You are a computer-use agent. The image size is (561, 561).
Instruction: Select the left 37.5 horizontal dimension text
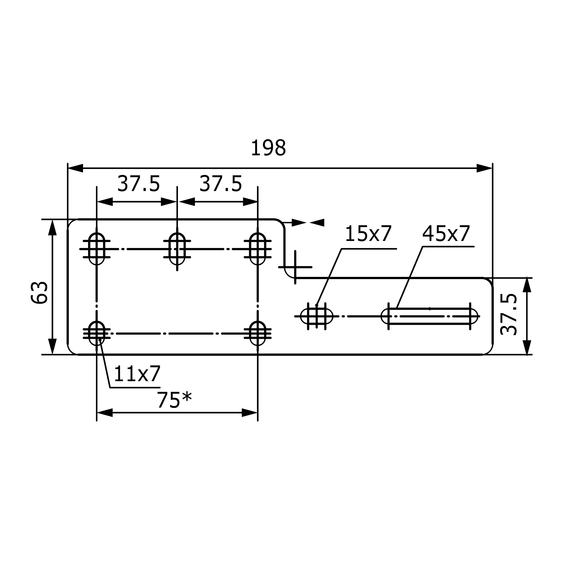tap(139, 184)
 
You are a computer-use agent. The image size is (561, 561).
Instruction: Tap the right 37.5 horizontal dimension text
tap(220, 184)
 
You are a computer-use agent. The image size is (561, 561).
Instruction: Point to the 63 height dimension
tap(39, 293)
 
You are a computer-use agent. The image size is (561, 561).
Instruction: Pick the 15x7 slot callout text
tap(368, 234)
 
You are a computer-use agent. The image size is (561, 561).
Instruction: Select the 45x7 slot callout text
tap(446, 234)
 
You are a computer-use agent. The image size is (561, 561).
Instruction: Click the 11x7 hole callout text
tap(137, 374)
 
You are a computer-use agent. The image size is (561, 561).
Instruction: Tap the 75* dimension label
tap(174, 401)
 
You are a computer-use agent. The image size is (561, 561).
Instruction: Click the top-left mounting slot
tap(97, 249)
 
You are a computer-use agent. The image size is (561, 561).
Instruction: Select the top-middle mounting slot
tap(177, 249)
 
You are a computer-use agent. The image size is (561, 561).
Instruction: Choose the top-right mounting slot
tap(257, 249)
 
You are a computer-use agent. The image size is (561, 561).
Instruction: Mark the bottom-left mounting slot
tap(97, 334)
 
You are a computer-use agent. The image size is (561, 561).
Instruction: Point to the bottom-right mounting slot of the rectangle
tap(257, 334)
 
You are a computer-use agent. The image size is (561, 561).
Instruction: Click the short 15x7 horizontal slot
tap(316, 316)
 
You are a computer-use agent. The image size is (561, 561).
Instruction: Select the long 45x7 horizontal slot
tap(429, 316)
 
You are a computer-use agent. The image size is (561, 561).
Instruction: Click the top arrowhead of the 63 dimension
tap(52, 228)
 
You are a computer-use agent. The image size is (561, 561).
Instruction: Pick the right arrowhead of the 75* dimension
tap(250, 413)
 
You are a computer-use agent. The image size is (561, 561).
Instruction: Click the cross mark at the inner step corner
tap(295, 267)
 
